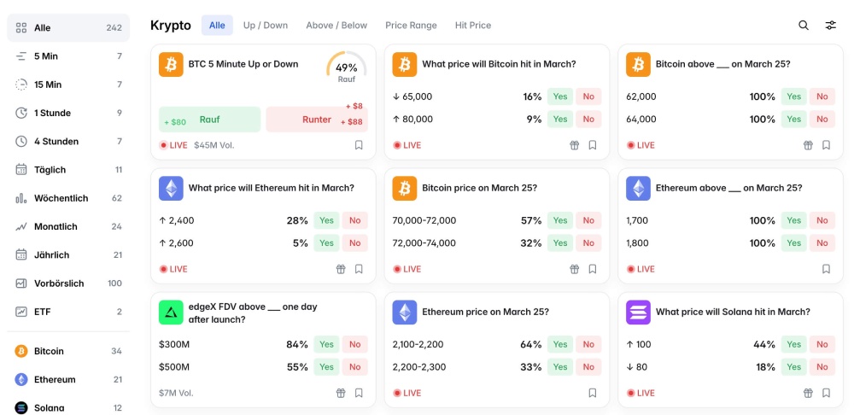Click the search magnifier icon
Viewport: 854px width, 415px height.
(x=804, y=26)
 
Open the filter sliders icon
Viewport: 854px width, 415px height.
(x=830, y=26)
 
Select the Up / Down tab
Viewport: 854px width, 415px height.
(x=265, y=26)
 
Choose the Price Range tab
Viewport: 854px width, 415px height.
(x=411, y=26)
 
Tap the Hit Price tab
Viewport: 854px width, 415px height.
(x=473, y=26)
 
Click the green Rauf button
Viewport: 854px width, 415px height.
(x=209, y=120)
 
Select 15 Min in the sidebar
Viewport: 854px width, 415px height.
(x=48, y=85)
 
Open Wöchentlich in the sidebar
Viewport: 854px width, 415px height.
(x=61, y=198)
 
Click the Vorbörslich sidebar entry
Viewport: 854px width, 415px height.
(x=59, y=283)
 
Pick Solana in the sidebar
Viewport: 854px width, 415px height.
(x=49, y=408)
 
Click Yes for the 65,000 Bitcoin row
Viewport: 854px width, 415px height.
(x=560, y=96)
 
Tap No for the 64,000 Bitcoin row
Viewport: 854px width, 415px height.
(x=822, y=120)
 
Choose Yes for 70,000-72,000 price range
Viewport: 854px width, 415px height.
(x=560, y=220)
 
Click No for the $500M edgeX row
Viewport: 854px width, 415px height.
(x=354, y=367)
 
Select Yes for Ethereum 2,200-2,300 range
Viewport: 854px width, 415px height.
(x=560, y=367)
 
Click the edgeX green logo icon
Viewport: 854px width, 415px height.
(x=171, y=313)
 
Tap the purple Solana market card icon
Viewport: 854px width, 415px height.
(x=638, y=313)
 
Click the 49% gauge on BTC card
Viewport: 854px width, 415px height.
(x=346, y=68)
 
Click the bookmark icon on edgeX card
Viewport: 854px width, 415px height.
(x=359, y=393)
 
